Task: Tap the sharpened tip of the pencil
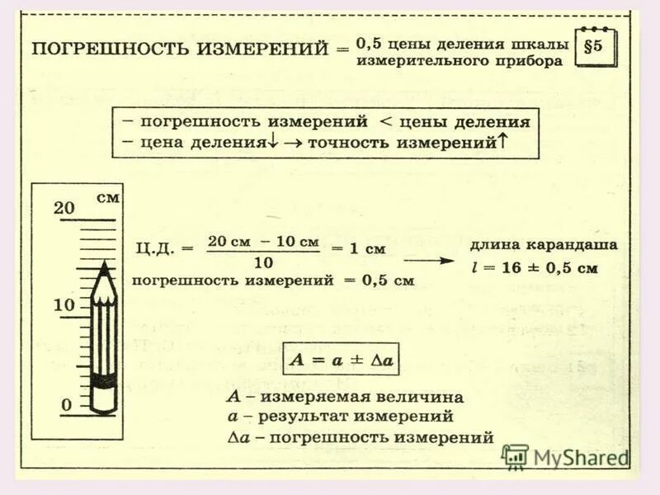pyautogui.click(x=104, y=266)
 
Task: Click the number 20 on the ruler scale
pyautogui.click(x=64, y=208)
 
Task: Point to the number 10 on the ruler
pyautogui.click(x=64, y=305)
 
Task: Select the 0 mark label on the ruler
pyautogui.click(x=66, y=404)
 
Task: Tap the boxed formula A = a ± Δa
pyautogui.click(x=340, y=361)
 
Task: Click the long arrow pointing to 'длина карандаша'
pyautogui.click(x=430, y=260)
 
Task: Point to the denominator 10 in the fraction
pyautogui.click(x=262, y=262)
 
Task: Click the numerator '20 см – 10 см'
pyautogui.click(x=262, y=241)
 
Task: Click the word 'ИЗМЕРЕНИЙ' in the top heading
pyautogui.click(x=263, y=48)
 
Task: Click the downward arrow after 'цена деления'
pyautogui.click(x=272, y=142)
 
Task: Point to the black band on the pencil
pyautogui.click(x=104, y=381)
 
